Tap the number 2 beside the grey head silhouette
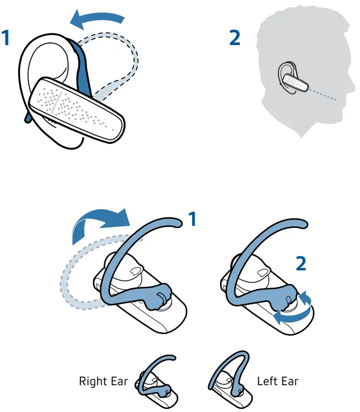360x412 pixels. (234, 38)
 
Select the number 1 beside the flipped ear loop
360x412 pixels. (192, 218)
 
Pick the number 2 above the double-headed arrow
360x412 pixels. (302, 263)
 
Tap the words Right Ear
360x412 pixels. (104, 381)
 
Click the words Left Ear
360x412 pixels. (277, 381)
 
